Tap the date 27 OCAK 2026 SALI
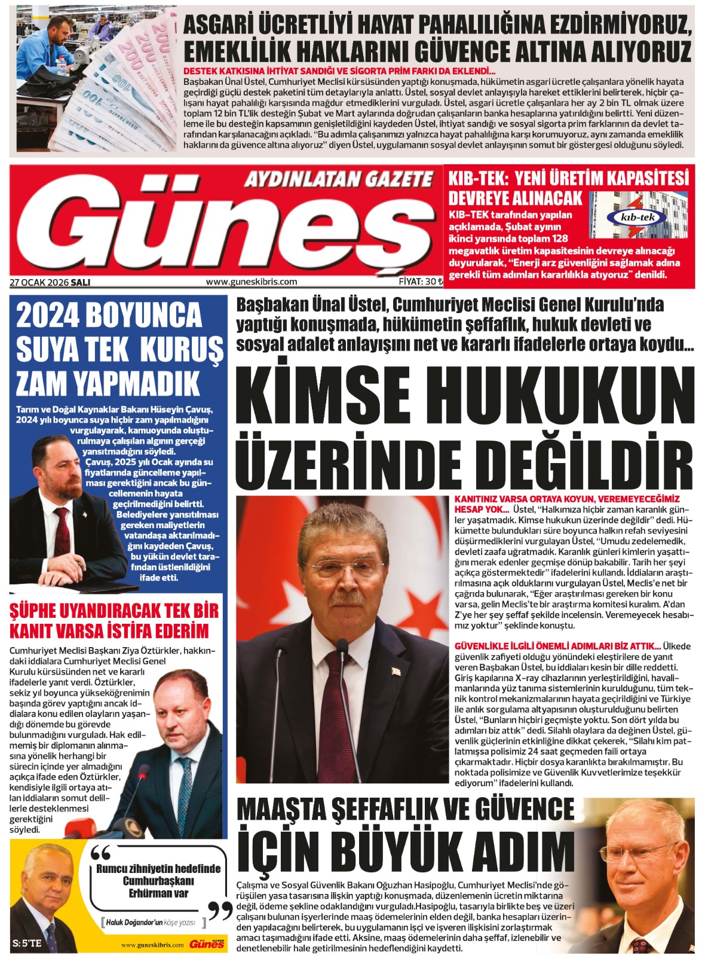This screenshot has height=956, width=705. [50, 282]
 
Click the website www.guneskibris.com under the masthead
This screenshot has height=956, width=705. [251, 282]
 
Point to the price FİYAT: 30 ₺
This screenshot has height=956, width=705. [421, 281]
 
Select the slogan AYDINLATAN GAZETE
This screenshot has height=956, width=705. [338, 179]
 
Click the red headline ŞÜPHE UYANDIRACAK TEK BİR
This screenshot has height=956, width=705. [114, 611]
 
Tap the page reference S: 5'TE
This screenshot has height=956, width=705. [27, 943]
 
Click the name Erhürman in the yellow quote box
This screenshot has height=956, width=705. [158, 893]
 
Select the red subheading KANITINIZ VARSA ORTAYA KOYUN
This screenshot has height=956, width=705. [567, 499]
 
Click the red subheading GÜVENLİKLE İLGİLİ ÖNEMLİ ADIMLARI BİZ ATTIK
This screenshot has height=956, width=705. [557, 646]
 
